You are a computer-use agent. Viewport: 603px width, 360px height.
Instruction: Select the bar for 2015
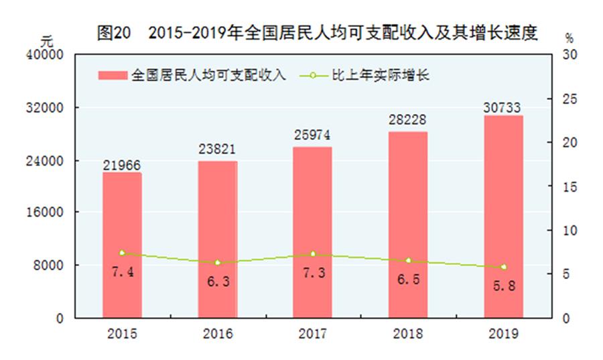[122, 245]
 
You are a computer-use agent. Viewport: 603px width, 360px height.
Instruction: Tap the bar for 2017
[312, 232]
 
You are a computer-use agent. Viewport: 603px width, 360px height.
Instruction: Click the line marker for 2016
[217, 263]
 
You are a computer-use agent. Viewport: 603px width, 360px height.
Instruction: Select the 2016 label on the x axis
[217, 334]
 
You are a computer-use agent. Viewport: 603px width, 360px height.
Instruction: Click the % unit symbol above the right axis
[569, 39]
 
